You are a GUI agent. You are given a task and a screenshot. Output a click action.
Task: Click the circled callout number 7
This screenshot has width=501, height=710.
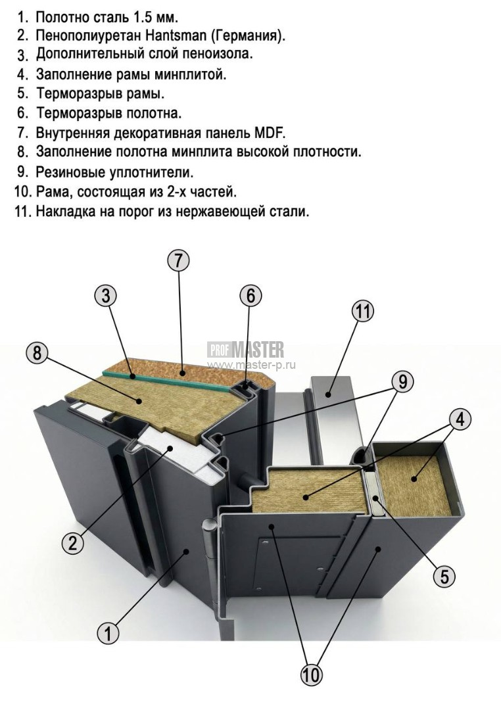[x=178, y=260]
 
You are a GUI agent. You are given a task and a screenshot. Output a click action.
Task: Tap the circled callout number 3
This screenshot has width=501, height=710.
[x=106, y=296]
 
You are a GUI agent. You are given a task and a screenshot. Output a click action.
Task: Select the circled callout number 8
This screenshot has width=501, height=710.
[x=37, y=353]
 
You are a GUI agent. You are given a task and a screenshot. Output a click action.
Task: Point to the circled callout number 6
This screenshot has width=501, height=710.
[x=251, y=296]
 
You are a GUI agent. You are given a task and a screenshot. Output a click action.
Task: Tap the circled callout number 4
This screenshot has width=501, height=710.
[x=460, y=419]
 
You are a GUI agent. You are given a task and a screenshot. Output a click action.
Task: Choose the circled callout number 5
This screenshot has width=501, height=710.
[x=444, y=577]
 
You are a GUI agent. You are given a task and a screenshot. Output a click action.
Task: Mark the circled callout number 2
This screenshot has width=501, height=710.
[x=72, y=542]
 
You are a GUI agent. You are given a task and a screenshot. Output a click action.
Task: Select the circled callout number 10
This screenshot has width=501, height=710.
[x=312, y=675]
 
